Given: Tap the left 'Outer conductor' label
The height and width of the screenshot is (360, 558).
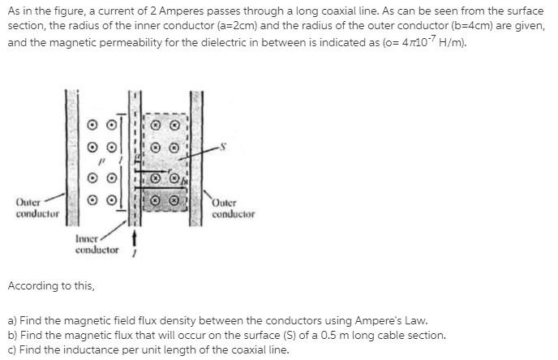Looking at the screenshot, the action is point(37,208).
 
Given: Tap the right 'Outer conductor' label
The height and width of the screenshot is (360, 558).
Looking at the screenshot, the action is point(233,209).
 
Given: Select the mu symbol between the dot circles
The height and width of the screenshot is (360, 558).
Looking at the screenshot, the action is point(101,161).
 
